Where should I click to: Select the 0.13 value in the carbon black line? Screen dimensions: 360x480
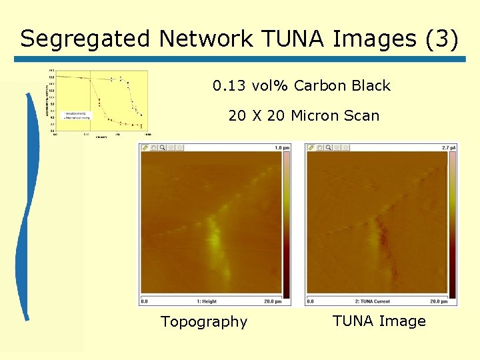(229, 86)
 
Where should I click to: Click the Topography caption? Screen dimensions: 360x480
(204, 322)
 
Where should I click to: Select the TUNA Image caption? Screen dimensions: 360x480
(379, 321)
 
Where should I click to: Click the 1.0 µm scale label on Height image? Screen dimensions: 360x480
(281, 147)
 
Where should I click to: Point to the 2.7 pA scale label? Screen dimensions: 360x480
(449, 147)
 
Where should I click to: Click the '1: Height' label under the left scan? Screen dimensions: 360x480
(207, 302)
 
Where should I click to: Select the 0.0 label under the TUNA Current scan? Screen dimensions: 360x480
(310, 302)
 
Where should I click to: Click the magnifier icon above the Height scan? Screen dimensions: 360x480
(162, 147)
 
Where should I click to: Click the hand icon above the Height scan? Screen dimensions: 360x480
(153, 147)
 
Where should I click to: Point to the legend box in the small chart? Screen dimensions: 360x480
(76, 115)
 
